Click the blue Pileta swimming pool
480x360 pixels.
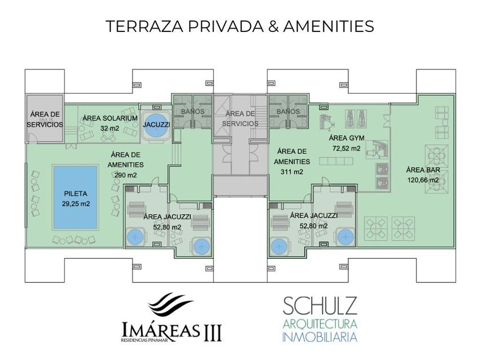pyautogui.click(x=75, y=197)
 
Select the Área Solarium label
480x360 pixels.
pyautogui.click(x=110, y=118)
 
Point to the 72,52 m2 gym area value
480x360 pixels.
pyautogui.click(x=346, y=148)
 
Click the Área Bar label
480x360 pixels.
pyautogui.click(x=423, y=170)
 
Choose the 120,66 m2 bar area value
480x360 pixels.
pyautogui.click(x=423, y=180)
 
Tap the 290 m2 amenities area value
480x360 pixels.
pyautogui.click(x=126, y=175)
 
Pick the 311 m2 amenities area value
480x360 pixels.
pyautogui.click(x=292, y=172)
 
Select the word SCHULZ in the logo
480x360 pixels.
pyautogui.click(x=320, y=306)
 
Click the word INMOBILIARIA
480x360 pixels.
pyautogui.click(x=319, y=337)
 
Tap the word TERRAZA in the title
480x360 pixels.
pyautogui.click(x=145, y=26)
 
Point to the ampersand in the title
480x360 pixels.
pyautogui.click(x=273, y=26)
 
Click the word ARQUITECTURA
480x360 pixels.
pyautogui.click(x=320, y=324)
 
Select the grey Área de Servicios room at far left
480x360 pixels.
pyautogui.click(x=45, y=119)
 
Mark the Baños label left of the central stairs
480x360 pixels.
pyautogui.click(x=193, y=111)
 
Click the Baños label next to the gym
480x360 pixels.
pyautogui.click(x=288, y=111)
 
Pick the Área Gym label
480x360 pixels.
pyautogui.click(x=346, y=138)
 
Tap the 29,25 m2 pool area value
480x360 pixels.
pyautogui.click(x=76, y=203)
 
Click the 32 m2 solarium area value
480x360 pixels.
pyautogui.click(x=110, y=128)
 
